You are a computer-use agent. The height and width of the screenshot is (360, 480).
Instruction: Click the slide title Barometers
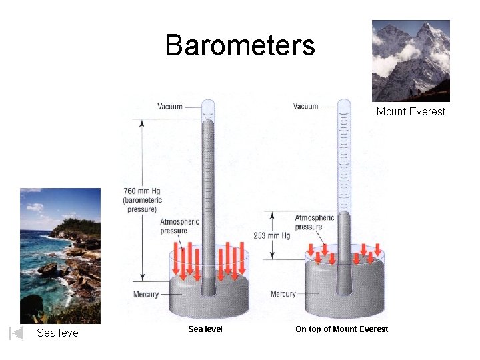pyautogui.click(x=240, y=45)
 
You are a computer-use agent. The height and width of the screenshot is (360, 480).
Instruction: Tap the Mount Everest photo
pyautogui.click(x=411, y=61)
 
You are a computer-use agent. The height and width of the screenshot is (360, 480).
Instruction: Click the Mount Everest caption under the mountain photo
pyautogui.click(x=411, y=111)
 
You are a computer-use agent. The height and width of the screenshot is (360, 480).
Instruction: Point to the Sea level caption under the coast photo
pyautogui.click(x=58, y=333)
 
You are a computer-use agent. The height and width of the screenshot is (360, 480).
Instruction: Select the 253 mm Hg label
pyautogui.click(x=271, y=236)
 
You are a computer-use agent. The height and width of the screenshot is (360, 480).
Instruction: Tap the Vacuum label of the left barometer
pyautogui.click(x=170, y=106)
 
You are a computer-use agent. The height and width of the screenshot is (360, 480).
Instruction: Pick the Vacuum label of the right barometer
pyautogui.click(x=305, y=106)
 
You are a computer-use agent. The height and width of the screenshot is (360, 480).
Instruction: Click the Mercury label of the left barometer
pyautogui.click(x=146, y=294)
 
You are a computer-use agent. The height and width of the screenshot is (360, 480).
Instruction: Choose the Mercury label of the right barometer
pyautogui.click(x=283, y=294)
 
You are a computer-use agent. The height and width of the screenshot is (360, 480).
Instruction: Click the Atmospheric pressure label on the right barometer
pyautogui.click(x=315, y=222)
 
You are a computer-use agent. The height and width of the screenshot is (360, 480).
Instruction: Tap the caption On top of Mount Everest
pyautogui.click(x=341, y=329)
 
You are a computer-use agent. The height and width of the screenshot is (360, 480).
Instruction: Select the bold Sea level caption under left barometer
pyautogui.click(x=205, y=329)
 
